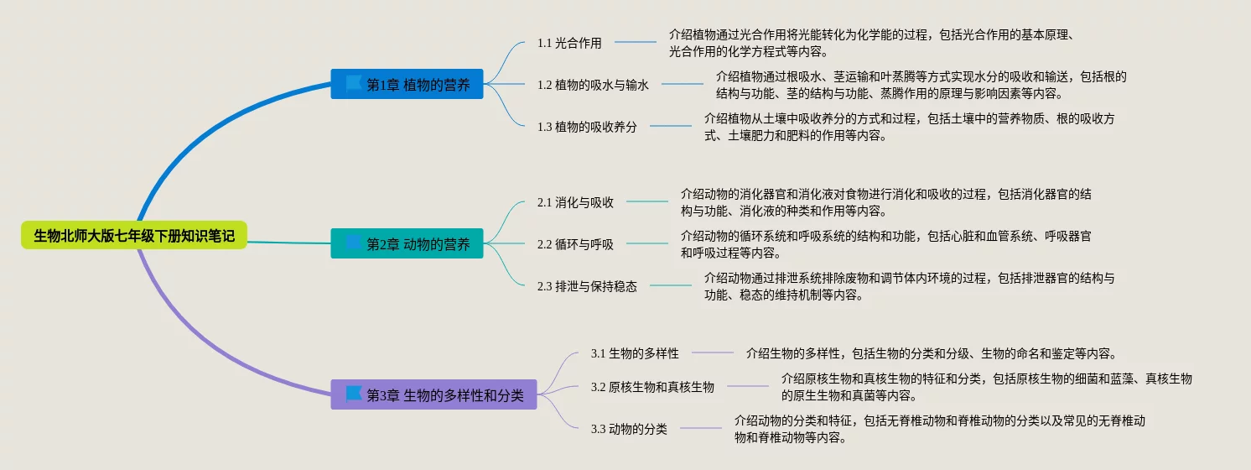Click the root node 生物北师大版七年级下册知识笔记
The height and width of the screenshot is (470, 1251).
(x=134, y=236)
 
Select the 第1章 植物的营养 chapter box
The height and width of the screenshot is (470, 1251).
(x=407, y=84)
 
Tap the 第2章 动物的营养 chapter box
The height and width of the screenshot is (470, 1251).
(x=407, y=244)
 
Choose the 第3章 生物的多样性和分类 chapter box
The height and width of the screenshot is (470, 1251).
(x=434, y=395)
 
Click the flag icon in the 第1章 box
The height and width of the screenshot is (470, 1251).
(x=354, y=84)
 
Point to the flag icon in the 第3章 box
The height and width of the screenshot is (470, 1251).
(x=354, y=394)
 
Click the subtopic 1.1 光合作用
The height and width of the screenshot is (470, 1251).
(x=569, y=43)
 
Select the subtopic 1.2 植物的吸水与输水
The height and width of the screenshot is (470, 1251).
(x=593, y=85)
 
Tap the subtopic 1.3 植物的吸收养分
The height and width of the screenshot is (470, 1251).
(x=587, y=127)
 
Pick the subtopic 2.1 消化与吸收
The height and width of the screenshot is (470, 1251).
(x=575, y=202)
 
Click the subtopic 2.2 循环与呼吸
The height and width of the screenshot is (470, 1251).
(x=575, y=244)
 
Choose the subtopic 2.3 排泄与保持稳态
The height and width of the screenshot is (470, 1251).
(x=587, y=286)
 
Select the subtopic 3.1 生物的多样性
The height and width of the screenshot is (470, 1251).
(x=635, y=353)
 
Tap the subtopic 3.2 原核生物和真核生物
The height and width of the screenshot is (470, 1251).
(x=652, y=387)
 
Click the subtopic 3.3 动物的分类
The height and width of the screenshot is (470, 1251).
(x=629, y=429)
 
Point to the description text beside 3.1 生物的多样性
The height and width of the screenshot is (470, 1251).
(x=931, y=353)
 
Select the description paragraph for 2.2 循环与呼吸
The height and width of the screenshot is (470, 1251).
(x=885, y=244)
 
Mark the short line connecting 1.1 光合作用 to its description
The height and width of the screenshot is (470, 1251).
(x=636, y=42)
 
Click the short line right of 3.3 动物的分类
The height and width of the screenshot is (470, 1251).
(x=701, y=428)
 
